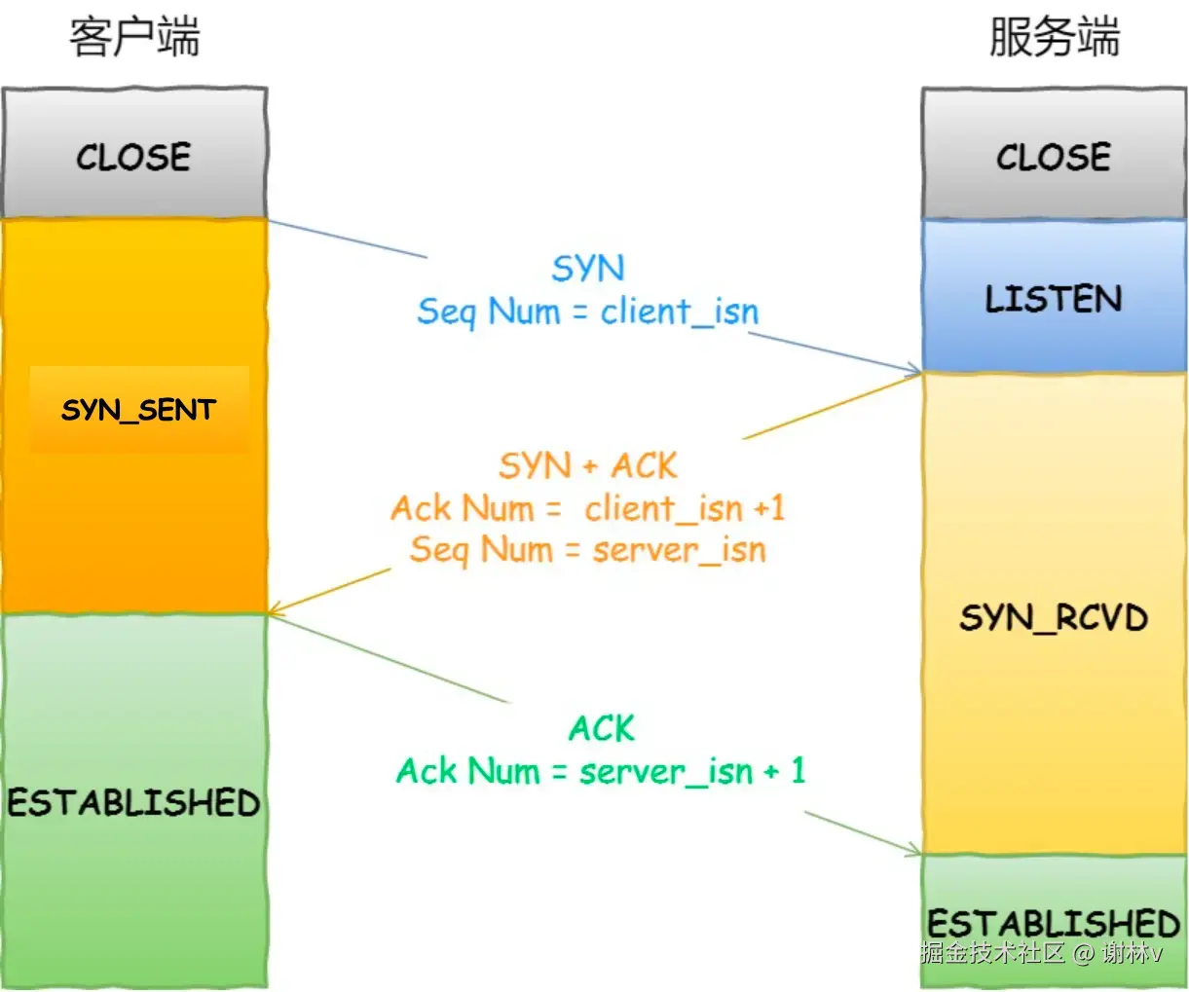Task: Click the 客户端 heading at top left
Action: coord(134,38)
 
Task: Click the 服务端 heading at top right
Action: coord(1054,38)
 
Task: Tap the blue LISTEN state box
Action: coord(1054,298)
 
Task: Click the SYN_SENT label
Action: coord(138,410)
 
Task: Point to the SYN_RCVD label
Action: coord(1054,618)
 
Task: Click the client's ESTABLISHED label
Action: coord(134,803)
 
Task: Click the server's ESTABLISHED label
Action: coord(1054,922)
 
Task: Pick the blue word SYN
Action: coord(588,269)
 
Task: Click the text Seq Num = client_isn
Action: coord(588,312)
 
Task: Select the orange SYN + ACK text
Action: coord(588,466)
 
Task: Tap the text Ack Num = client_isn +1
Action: coord(588,508)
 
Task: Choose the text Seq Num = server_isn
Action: coord(588,550)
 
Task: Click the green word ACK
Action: coord(601,729)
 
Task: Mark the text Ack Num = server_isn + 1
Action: coord(601,772)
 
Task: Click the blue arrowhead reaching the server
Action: coord(914,370)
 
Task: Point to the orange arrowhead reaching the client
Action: coord(277,610)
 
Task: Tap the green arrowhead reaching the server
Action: coord(913,852)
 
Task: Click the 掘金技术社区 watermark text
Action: coord(993,953)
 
